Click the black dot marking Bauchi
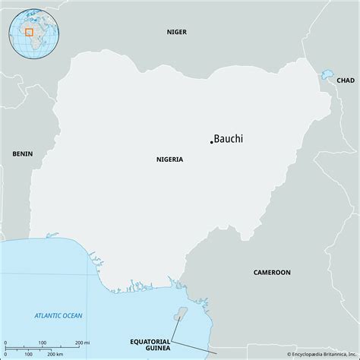point(211,142)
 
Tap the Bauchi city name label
point(229,139)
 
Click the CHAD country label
point(345,80)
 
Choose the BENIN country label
point(22,153)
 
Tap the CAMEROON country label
point(272,271)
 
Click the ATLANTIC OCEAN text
point(58,315)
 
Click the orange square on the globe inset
point(29,32)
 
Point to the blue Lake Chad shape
point(328,76)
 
